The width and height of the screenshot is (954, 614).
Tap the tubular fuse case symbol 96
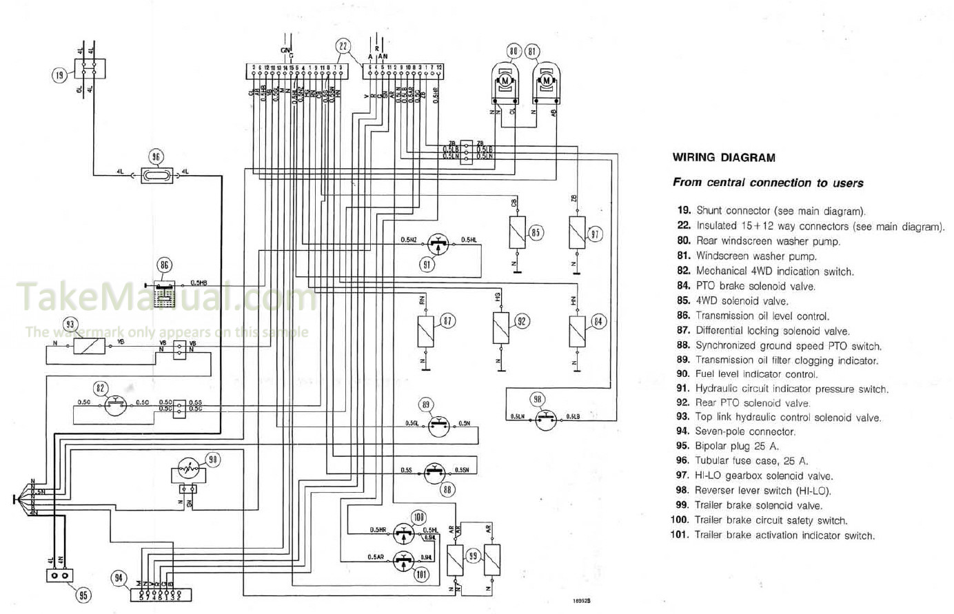156,175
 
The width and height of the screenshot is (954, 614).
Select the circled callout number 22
343,47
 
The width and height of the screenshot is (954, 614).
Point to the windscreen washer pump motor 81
547,81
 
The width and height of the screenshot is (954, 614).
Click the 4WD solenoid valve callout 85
535,232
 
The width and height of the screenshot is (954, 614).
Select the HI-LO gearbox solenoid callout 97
595,234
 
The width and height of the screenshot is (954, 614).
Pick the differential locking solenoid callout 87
448,321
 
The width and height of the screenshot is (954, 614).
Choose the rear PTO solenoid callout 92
522,321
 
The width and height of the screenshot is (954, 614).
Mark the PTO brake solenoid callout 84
598,321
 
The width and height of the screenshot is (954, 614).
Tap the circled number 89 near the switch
426,405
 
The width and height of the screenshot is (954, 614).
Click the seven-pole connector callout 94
120,578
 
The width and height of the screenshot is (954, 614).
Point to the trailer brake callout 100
418,517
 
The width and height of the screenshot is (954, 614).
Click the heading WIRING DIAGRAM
723,158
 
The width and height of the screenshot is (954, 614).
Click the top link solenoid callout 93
70,325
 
